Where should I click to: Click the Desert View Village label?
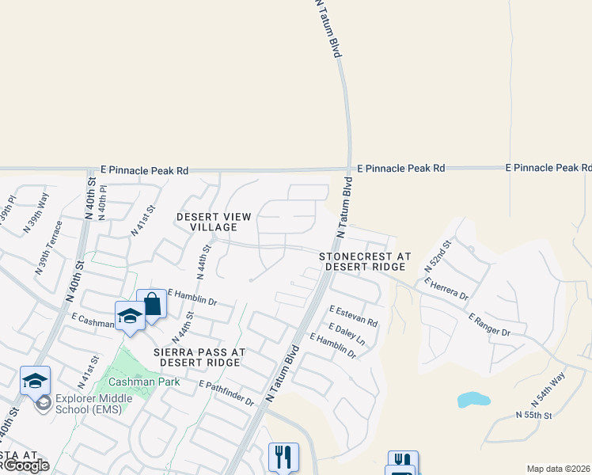pyautogui.click(x=214, y=222)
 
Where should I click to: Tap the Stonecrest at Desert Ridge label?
pyautogui.click(x=365, y=262)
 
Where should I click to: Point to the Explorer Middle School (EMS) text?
pyautogui.click(x=88, y=405)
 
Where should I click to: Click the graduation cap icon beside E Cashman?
pyautogui.click(x=130, y=317)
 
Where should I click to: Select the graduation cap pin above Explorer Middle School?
pyautogui.click(x=35, y=381)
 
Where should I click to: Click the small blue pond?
pyautogui.click(x=473, y=400)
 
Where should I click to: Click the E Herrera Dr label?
pyautogui.click(x=446, y=287)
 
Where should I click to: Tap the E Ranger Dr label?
pyautogui.click(x=489, y=325)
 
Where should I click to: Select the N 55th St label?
pyautogui.click(x=533, y=414)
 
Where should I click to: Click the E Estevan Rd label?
pyautogui.click(x=353, y=316)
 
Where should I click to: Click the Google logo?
pyautogui.click(x=27, y=465)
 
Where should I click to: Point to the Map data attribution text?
pyautogui.click(x=558, y=469)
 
